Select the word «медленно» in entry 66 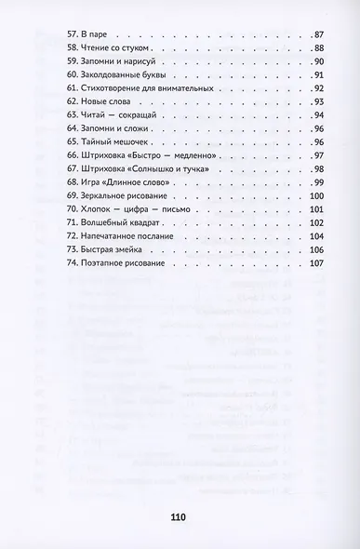[x=199, y=182]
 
